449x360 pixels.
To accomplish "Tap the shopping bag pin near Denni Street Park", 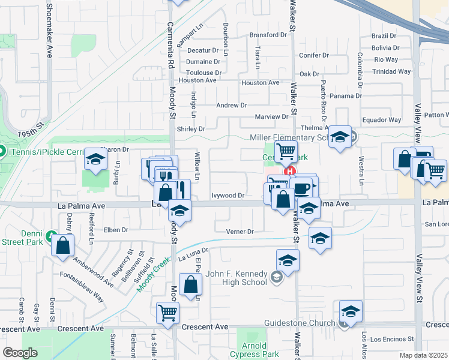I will [x=63, y=245].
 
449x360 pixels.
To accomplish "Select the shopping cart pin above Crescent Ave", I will [x=167, y=312].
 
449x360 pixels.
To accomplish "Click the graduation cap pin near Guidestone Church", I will [x=351, y=311].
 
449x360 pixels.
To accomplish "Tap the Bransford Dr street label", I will [x=268, y=35].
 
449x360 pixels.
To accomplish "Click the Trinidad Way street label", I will [x=392, y=71].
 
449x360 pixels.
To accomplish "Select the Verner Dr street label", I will [x=240, y=232].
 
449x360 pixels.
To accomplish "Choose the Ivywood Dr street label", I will [x=228, y=195].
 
